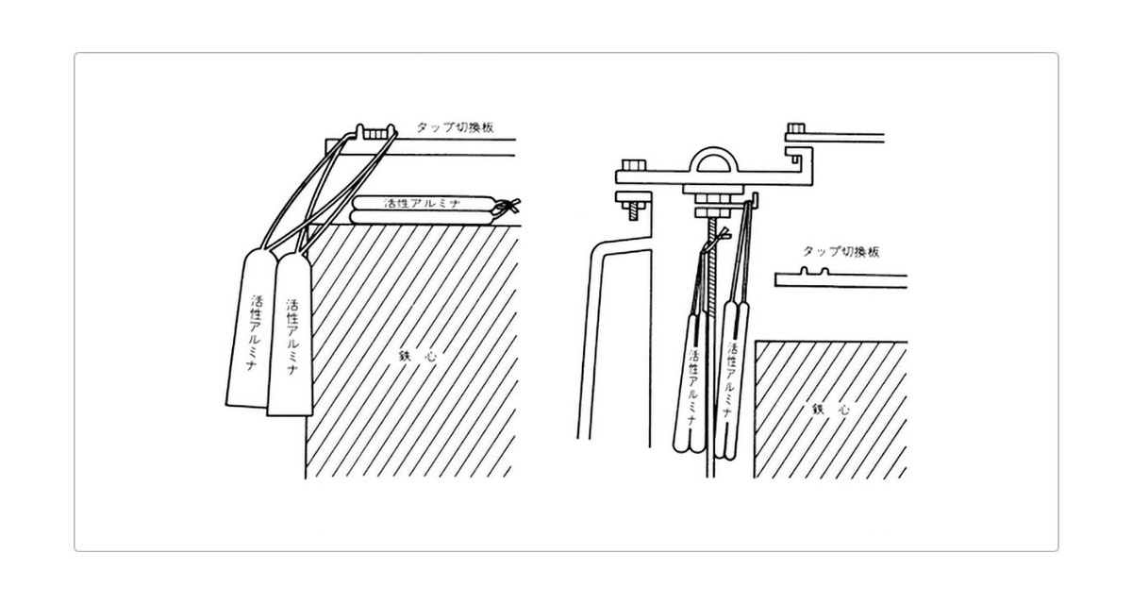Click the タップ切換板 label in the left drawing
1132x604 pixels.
(x=455, y=126)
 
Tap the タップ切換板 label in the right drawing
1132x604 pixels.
(x=841, y=251)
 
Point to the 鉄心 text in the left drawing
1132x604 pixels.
(x=417, y=357)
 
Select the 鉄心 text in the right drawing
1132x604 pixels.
(x=830, y=410)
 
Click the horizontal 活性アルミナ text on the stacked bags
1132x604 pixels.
(x=423, y=203)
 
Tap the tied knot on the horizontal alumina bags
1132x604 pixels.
(x=506, y=208)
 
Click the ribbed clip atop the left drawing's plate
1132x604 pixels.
(x=375, y=132)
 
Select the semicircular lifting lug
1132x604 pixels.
(x=713, y=159)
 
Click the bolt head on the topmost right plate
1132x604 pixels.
(x=795, y=127)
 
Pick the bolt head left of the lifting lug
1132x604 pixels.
(x=634, y=165)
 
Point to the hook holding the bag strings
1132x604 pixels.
(x=753, y=200)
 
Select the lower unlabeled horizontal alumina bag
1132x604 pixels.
(x=423, y=217)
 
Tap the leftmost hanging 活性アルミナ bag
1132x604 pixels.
(x=251, y=328)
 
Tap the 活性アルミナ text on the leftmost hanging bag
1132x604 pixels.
(x=254, y=332)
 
